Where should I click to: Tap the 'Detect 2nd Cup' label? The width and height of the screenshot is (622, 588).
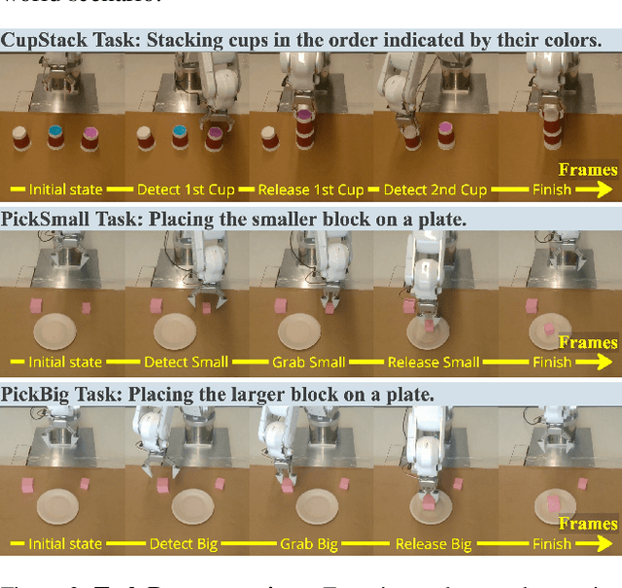[x=434, y=190]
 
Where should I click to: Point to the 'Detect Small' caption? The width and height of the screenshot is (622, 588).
[x=186, y=363]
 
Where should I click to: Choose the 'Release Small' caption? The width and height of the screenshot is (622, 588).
[x=433, y=363]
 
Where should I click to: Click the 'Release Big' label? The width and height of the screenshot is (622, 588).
[x=433, y=544]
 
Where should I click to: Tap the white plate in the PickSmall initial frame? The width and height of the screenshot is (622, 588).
[x=54, y=331]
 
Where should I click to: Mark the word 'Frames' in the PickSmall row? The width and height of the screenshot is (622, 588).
[x=588, y=342]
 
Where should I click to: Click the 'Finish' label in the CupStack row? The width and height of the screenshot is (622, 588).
[x=552, y=190]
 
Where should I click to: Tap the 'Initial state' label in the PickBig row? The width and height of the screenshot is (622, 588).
[x=65, y=544]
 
